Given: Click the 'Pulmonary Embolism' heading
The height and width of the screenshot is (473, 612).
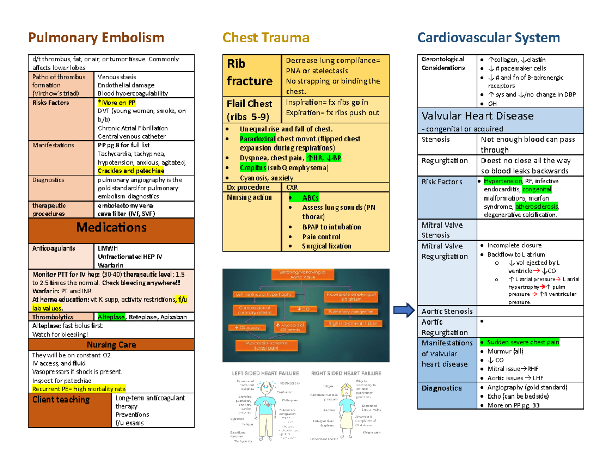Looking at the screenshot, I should (96, 37).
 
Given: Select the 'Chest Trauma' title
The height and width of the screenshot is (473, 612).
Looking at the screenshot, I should (266, 37).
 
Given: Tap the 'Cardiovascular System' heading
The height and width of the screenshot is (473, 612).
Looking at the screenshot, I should (489, 37).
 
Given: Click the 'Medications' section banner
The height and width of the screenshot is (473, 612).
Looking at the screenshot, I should (111, 227).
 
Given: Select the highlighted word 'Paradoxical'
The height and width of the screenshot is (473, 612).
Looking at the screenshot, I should (258, 139).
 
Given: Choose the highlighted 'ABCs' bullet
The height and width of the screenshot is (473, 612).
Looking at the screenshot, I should (311, 198).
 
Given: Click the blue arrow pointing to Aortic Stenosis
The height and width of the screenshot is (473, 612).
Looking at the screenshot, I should (405, 310).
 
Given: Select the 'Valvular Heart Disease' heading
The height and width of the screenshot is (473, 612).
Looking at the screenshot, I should (476, 116).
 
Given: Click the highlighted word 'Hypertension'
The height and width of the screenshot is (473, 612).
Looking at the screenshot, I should (503, 181).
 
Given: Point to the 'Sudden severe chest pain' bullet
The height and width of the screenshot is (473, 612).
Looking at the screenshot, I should (523, 342).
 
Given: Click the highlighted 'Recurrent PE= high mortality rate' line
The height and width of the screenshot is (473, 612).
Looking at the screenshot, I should (79, 388).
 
